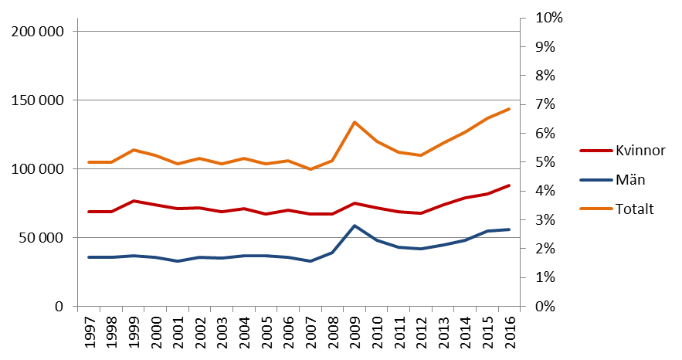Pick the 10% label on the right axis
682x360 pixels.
[545, 18]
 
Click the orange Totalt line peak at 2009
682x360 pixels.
[355, 122]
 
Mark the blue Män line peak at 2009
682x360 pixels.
[355, 226]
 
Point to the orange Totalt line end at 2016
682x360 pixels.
[510, 109]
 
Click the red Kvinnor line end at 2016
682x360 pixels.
[510, 185]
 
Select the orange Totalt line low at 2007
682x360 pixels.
[310, 169]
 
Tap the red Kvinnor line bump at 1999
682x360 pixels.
[134, 201]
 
